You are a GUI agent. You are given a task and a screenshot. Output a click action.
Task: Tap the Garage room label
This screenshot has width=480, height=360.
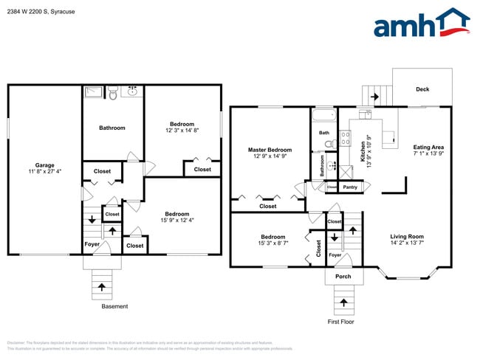tap(44, 165)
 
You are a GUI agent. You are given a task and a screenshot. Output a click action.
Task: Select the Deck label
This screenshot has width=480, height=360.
tap(422, 89)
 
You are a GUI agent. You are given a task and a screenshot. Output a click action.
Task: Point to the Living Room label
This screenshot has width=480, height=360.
tap(407, 237)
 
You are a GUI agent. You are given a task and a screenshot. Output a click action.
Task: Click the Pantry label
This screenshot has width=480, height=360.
tap(349, 187)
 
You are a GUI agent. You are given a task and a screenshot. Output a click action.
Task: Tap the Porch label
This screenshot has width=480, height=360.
tap(343, 277)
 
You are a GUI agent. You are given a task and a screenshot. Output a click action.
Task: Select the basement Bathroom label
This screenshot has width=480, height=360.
tap(112, 128)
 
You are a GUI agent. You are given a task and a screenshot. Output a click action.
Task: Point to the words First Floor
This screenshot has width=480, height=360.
tap(341, 322)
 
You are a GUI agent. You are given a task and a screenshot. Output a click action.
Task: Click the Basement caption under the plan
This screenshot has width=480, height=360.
tap(114, 306)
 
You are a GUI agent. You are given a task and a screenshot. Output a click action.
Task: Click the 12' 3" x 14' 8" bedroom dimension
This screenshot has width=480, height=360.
tap(182, 130)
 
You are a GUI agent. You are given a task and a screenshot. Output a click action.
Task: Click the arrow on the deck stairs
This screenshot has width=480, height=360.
tap(374, 96)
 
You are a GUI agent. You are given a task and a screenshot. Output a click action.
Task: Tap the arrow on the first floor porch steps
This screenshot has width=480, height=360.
tap(343, 302)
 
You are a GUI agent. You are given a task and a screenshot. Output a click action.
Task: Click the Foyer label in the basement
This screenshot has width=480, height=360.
tap(92, 244)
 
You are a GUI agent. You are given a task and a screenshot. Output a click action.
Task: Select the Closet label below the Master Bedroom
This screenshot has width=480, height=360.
tap(268, 207)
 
